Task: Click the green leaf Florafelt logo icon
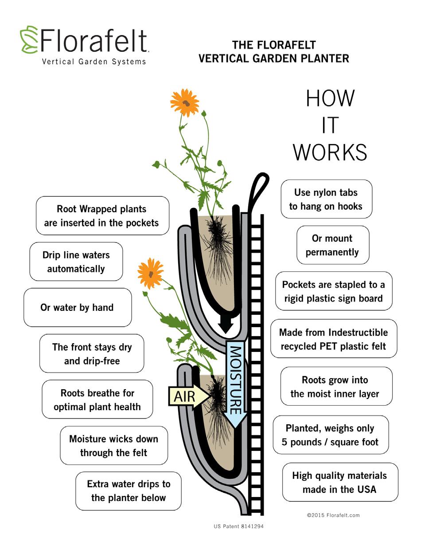point(29,39)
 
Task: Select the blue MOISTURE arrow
point(236,384)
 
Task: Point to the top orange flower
point(185,103)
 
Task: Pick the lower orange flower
point(150,273)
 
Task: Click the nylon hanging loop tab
point(257,194)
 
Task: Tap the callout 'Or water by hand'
point(78,307)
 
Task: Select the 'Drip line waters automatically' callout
point(76,262)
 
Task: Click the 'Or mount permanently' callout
point(333,245)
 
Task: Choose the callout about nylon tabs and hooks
point(327,199)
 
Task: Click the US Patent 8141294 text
point(239,526)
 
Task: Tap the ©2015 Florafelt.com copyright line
point(333,515)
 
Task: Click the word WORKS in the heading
point(330,152)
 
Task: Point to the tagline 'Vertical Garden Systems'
point(94,62)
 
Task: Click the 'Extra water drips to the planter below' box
point(129,491)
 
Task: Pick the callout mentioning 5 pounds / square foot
point(331,435)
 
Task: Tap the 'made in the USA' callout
point(340,482)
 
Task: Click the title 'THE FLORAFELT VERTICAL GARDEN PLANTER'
point(274,52)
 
